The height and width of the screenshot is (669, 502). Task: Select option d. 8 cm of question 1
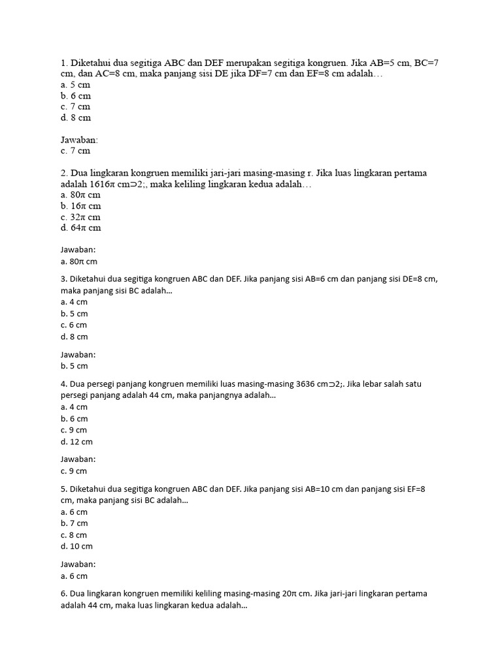75,118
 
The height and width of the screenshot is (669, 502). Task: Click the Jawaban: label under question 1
79,140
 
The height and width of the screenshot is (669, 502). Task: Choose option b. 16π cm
80,206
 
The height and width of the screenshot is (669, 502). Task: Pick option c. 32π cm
80,217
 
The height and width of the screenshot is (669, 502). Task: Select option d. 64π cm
80,228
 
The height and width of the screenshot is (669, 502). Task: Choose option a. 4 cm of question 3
73,302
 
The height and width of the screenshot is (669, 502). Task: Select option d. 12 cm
76,442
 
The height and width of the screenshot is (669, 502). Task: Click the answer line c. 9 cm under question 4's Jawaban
73,471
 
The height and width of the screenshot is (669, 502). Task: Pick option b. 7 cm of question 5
73,523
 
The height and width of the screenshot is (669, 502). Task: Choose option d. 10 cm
76,546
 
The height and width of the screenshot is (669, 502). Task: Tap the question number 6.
63,594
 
